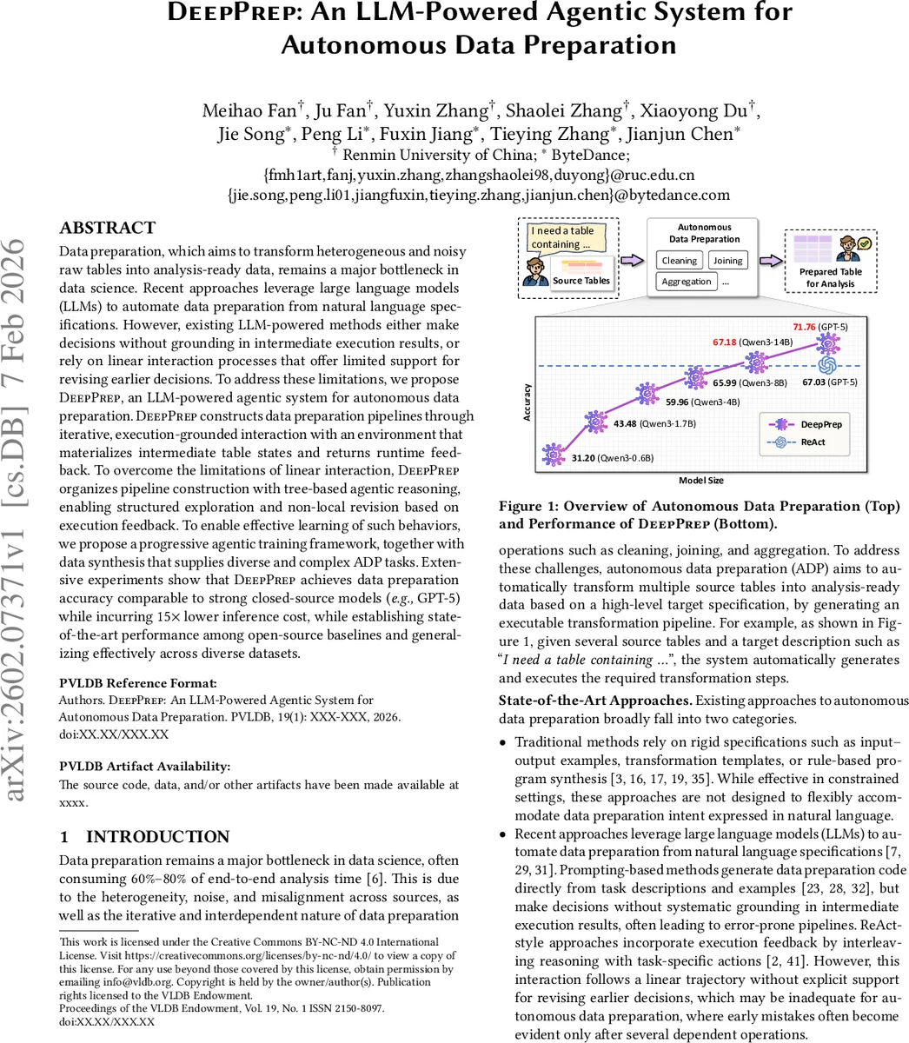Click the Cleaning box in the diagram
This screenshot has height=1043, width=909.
[x=680, y=260]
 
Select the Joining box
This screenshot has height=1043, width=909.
[x=727, y=260]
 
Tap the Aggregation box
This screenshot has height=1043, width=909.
[x=687, y=282]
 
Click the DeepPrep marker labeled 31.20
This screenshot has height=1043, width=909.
[x=552, y=454]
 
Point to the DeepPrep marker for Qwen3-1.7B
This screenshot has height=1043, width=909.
[x=595, y=423]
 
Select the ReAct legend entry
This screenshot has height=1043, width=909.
[x=798, y=442]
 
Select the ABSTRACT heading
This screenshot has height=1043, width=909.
[x=107, y=229]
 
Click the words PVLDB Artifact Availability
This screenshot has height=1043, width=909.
[x=144, y=766]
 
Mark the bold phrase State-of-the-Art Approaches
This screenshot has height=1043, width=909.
[x=595, y=701]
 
